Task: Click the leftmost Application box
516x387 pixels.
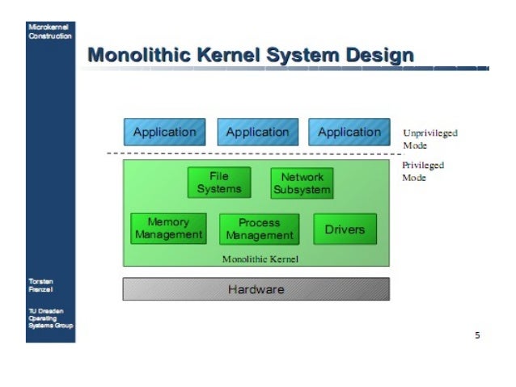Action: click(x=164, y=132)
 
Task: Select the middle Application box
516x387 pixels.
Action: click(x=257, y=132)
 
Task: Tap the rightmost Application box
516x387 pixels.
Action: click(x=349, y=132)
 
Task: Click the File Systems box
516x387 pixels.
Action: click(x=219, y=183)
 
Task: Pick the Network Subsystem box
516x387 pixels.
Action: click(x=302, y=183)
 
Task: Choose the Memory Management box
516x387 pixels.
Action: click(x=168, y=229)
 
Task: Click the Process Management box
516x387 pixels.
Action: click(x=259, y=229)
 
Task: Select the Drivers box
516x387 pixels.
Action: click(x=345, y=229)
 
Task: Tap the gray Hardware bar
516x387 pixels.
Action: click(x=256, y=289)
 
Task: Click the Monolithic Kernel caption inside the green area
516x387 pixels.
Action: click(x=260, y=259)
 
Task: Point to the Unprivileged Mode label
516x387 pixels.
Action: click(x=429, y=138)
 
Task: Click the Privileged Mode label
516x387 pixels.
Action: click(x=423, y=171)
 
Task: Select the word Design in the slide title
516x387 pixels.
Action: click(x=379, y=56)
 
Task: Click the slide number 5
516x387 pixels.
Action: click(x=477, y=334)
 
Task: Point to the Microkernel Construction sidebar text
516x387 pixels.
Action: click(x=49, y=31)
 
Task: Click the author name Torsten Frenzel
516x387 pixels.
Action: click(x=41, y=285)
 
